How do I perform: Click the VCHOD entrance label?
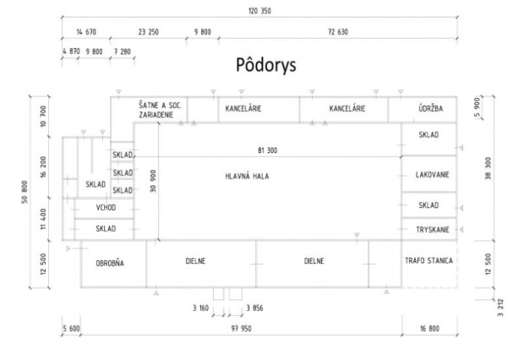pyautogui.click(x=106, y=208)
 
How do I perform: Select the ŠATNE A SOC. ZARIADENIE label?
pyautogui.click(x=164, y=109)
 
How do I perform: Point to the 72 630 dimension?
pyautogui.click(x=337, y=32)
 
